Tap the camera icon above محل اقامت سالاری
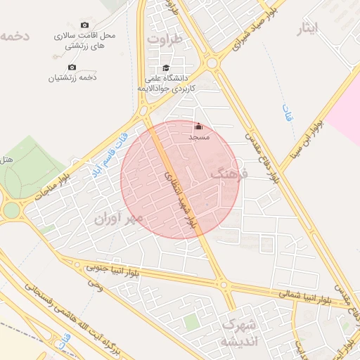(85, 25)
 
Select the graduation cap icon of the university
(166, 68)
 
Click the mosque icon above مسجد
(198, 127)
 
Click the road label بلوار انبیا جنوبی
(113, 269)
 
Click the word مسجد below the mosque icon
(198, 138)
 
